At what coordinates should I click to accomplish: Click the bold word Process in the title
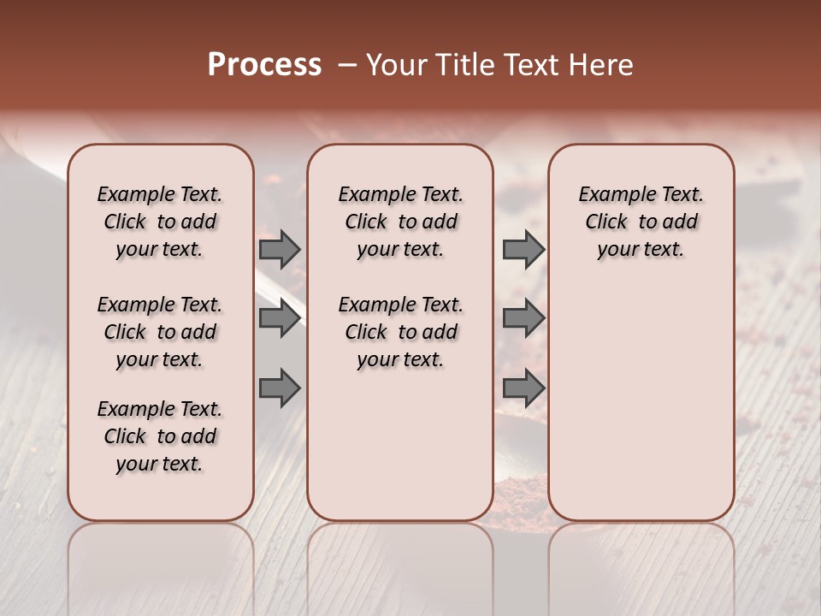(264, 65)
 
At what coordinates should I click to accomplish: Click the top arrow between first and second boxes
(280, 249)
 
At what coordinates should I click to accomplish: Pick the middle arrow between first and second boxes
(280, 318)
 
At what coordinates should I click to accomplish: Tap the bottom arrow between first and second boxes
(280, 388)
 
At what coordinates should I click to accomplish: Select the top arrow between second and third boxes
(523, 249)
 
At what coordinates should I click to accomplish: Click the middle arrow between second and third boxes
(523, 318)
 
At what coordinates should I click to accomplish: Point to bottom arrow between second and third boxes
(523, 388)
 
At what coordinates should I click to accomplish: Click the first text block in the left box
(160, 222)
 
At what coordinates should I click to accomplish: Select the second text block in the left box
(160, 332)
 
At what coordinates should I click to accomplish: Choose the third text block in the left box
(160, 436)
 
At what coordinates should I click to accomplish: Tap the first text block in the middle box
(400, 222)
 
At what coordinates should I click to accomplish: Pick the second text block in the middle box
(400, 332)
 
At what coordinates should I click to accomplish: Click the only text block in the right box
(641, 222)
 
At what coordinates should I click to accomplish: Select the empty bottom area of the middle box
(400, 453)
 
